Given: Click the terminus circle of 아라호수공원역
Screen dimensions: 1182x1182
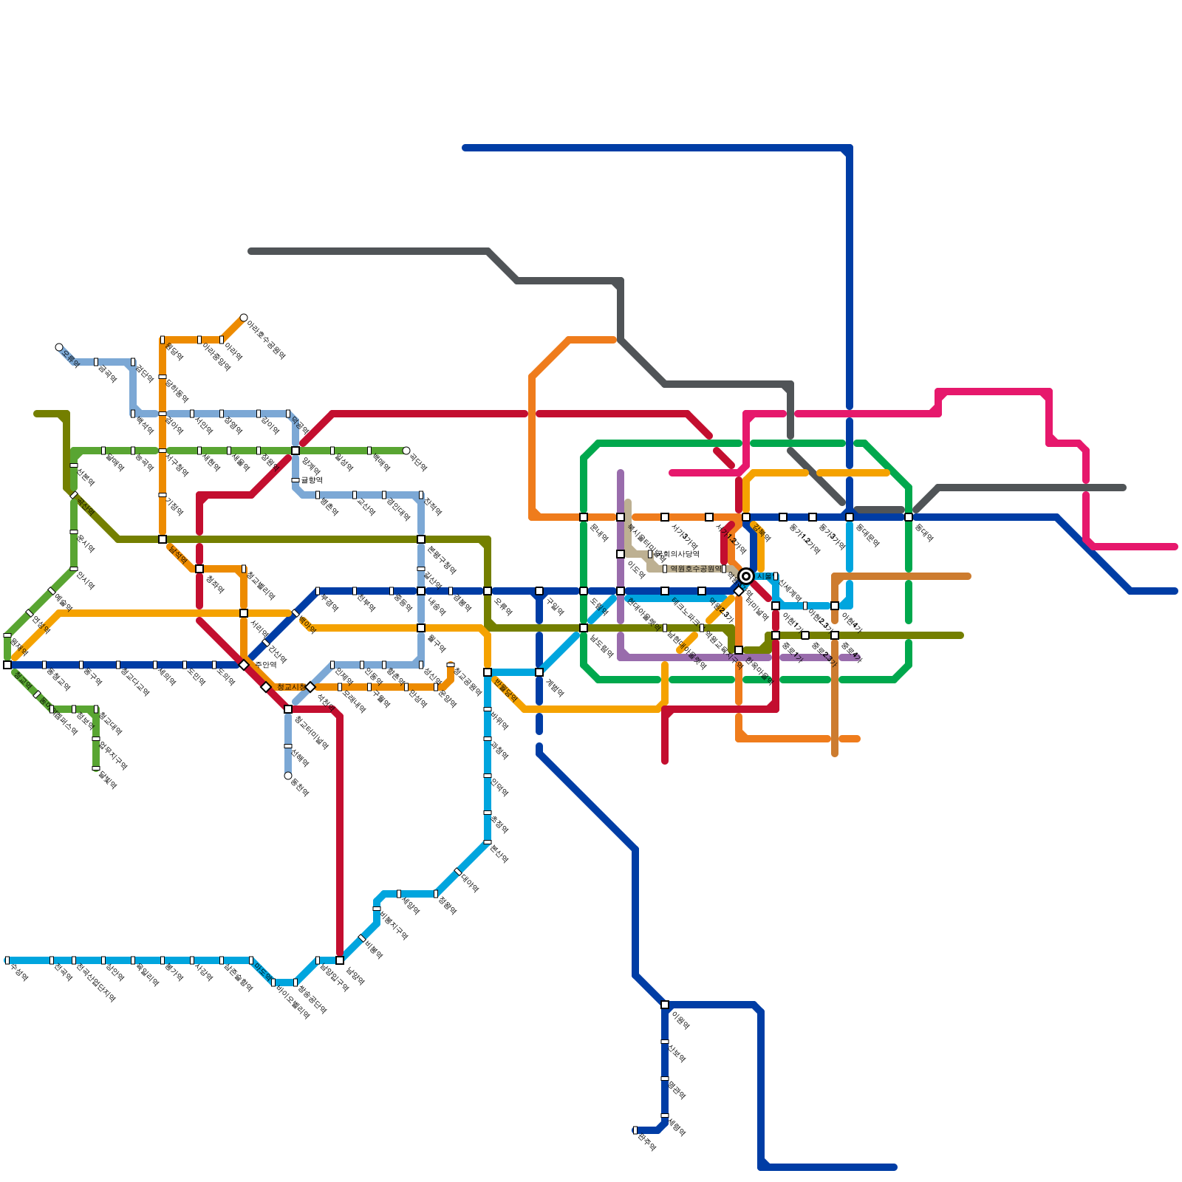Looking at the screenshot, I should tap(244, 318).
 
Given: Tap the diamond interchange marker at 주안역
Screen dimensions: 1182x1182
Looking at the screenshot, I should tap(244, 665).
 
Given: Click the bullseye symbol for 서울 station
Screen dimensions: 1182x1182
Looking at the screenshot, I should tap(746, 576).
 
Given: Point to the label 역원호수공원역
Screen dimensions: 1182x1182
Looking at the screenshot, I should tap(695, 569).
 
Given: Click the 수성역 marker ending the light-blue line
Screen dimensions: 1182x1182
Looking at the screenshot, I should tap(7, 960).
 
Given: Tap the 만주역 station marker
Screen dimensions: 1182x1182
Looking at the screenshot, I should tap(635, 1130).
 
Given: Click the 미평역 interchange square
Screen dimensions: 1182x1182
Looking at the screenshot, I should tap(665, 1005).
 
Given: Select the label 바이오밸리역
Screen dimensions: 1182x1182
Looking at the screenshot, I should tap(292, 1000).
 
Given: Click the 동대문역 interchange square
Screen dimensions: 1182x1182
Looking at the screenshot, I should tap(850, 517).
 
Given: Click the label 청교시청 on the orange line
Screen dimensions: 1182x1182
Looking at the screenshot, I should tap(291, 687).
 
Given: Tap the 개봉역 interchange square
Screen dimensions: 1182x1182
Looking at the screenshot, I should tap(539, 672).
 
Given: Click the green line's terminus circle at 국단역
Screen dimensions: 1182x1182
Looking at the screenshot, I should tap(406, 451).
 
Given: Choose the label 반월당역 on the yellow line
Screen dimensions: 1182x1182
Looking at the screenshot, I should tap(505, 690).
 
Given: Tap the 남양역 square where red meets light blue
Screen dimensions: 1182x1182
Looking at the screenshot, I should tap(340, 960).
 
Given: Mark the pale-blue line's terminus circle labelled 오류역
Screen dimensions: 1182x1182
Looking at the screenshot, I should tap(59, 347).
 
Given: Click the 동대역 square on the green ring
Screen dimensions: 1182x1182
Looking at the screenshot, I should tap(909, 517).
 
